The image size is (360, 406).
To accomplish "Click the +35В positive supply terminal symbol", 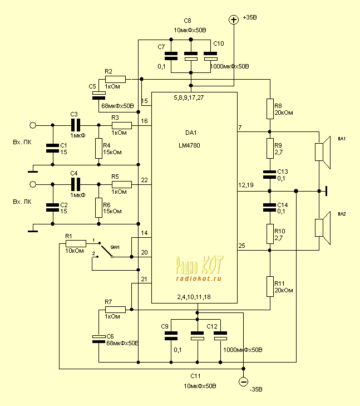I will [x=233, y=20].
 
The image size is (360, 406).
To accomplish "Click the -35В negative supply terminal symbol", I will [x=243, y=381].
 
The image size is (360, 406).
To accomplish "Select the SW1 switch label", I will [x=115, y=246].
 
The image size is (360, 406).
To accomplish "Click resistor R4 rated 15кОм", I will [x=98, y=149].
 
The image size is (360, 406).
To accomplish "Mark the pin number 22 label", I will [x=145, y=179].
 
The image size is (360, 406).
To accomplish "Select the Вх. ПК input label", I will [x=22, y=143].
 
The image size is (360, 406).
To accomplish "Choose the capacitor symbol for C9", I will [x=171, y=336].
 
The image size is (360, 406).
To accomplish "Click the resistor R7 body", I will [x=115, y=309].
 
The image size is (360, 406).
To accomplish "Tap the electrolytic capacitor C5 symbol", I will [x=98, y=95].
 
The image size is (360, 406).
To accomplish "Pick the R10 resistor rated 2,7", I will [x=269, y=233].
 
